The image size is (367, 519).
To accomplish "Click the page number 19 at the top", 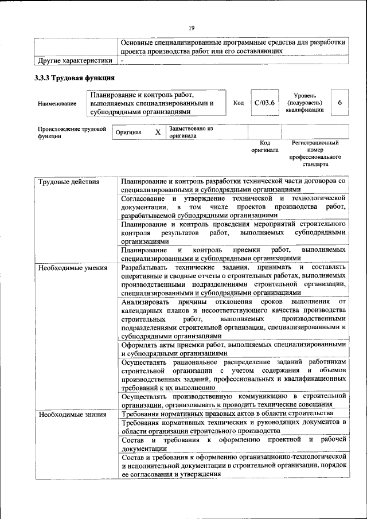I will pos(191,28).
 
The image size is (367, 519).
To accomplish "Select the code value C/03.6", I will pos(265,103).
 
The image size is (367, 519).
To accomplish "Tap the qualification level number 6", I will pos(340,102).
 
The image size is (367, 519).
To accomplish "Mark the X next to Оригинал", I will pos(158,132).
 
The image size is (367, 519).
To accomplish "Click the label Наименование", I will pos(57,104).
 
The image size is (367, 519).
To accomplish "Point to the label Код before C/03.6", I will pos(239,103).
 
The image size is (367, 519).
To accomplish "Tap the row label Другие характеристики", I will pos(75,60).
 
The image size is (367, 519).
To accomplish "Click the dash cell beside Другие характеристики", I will pos(122,60).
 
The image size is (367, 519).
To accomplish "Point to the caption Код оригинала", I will pos(264,146).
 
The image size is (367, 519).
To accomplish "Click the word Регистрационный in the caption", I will pos(315,142).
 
